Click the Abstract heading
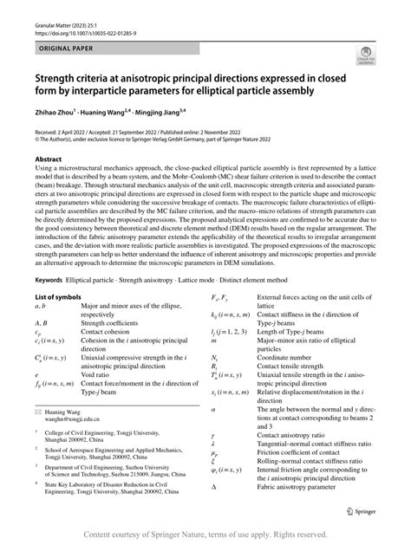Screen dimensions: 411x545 point(48,160)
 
